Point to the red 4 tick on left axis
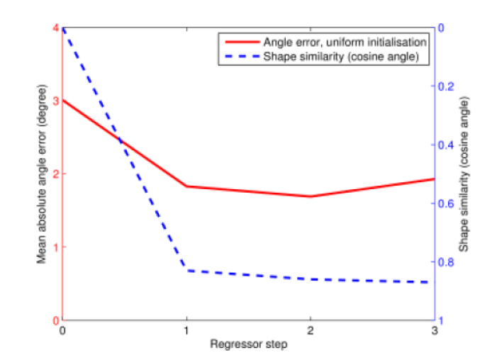click(55, 28)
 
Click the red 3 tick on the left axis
click(55, 101)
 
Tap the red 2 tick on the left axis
click(55, 174)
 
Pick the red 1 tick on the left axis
click(55, 247)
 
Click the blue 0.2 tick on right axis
click(447, 86)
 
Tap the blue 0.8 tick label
click(447, 262)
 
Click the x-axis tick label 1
click(186, 331)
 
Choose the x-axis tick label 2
click(310, 331)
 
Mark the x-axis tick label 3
click(433, 331)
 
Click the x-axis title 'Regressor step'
click(248, 344)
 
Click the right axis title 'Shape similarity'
click(464, 174)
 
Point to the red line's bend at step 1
click(186, 186)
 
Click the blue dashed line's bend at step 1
click(186, 270)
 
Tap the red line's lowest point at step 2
click(310, 196)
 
